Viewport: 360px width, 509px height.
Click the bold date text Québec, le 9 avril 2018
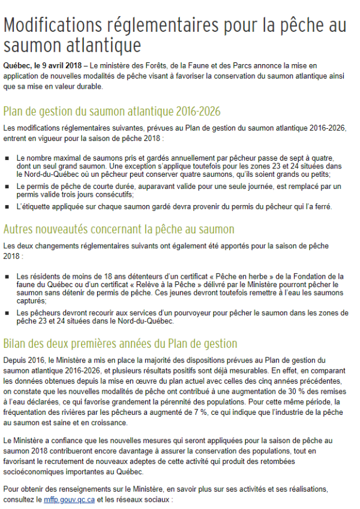coord(42,64)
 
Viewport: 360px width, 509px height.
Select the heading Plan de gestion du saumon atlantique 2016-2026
coord(112,112)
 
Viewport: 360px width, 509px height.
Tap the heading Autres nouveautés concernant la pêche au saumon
coord(119,229)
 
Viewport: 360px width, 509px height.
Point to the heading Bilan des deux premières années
coord(120,344)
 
